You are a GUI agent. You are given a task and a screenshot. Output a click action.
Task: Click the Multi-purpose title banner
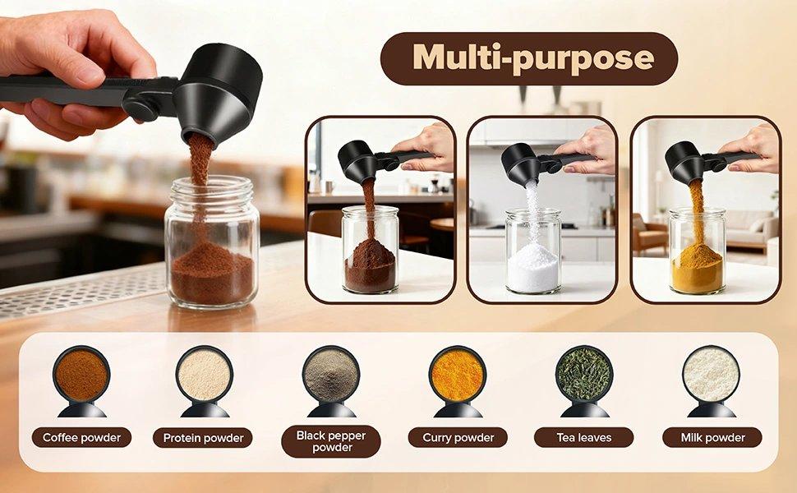528,58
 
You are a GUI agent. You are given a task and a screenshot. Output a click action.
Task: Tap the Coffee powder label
81,438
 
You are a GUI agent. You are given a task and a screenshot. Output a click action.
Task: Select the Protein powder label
202,438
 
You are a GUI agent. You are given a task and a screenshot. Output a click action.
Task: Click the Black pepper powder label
330,440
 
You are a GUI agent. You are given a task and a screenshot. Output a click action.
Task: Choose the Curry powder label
458,438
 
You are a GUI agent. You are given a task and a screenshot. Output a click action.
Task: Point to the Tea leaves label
583,438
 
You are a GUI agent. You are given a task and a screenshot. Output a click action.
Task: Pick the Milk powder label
711,438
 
